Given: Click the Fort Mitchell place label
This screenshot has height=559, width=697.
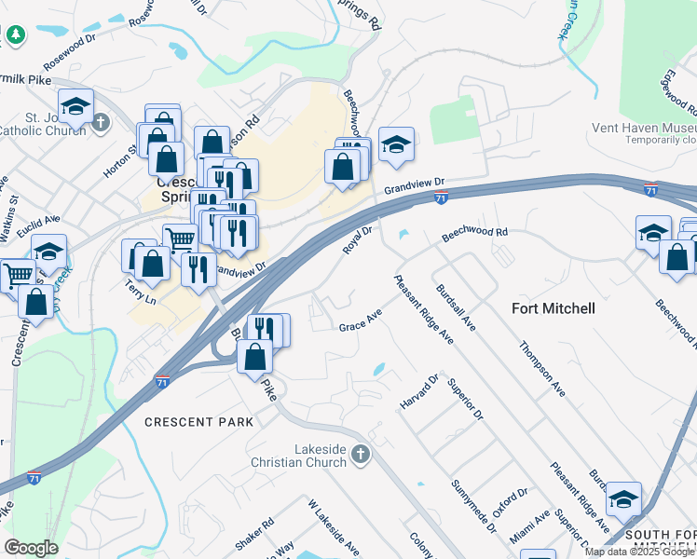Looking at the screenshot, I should (553, 307).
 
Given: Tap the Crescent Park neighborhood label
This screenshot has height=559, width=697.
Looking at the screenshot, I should (198, 422).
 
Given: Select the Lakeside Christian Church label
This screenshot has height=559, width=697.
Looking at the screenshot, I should (298, 456).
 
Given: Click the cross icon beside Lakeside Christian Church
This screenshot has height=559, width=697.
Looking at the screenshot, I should (361, 455).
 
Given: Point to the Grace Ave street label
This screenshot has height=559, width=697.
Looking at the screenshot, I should (361, 325).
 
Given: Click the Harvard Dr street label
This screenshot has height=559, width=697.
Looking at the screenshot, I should (419, 394).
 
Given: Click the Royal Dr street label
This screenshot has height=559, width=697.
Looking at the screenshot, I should (359, 241).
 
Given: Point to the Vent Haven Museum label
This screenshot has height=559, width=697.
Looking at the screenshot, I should (644, 128).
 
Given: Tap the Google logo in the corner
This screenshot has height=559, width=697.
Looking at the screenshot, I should (31, 548).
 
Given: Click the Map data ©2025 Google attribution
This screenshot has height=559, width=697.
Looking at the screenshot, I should (639, 552).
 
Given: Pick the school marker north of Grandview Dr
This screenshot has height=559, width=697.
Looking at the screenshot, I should (397, 145).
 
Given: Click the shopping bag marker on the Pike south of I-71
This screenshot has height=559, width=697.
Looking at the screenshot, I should (254, 356).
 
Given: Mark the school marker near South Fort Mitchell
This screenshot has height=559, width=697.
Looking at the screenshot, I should (623, 500).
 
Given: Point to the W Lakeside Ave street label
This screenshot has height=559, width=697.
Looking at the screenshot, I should (334, 526).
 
